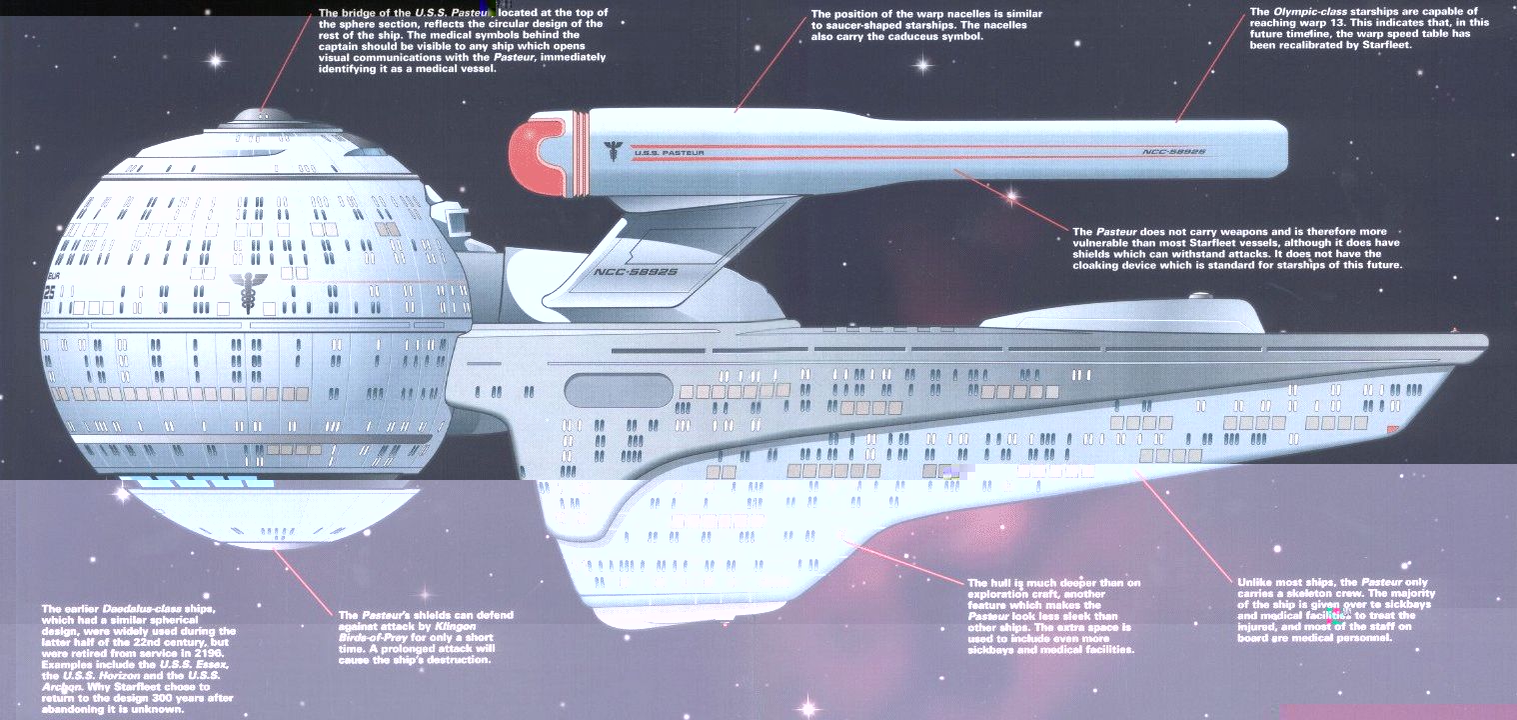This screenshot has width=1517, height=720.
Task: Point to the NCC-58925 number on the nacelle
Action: [x=1173, y=152]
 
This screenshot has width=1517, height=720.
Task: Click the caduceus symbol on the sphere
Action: [x=243, y=290]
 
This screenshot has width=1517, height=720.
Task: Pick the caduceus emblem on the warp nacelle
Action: [x=611, y=150]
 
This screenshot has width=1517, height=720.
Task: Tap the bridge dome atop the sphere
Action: [x=261, y=116]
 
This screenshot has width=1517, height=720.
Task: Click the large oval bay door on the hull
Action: [x=619, y=389]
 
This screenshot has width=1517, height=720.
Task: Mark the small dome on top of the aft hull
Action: [x=1199, y=297]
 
